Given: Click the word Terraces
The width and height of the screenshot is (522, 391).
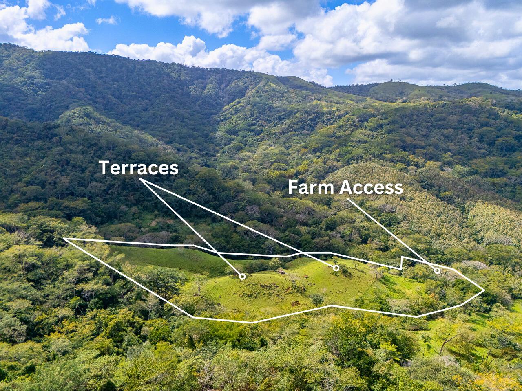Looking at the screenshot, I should pyautogui.click(x=139, y=168).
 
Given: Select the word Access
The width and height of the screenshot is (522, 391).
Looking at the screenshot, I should pyautogui.click(x=371, y=187).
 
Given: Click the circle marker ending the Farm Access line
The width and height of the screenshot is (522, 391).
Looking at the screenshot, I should pyautogui.click(x=437, y=270).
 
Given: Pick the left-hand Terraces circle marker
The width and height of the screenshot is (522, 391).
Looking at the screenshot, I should pyautogui.click(x=242, y=277).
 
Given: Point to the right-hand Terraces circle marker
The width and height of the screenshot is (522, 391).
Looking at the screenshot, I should pyautogui.click(x=336, y=268).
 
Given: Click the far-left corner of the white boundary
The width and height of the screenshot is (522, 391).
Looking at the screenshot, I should pyautogui.click(x=64, y=239).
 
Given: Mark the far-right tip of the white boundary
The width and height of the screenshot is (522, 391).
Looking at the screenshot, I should pyautogui.click(x=484, y=290).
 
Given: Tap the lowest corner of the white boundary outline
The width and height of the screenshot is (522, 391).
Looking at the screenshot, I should pyautogui.click(x=252, y=322).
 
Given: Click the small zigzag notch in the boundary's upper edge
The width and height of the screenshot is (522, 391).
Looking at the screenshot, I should pyautogui.click(x=402, y=263).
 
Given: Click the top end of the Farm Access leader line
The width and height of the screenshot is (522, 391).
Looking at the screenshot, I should pyautogui.click(x=347, y=199).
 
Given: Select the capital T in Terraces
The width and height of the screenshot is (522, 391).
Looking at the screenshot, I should pyautogui.click(x=105, y=168).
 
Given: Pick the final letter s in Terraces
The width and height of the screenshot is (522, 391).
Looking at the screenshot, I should pyautogui.click(x=175, y=169).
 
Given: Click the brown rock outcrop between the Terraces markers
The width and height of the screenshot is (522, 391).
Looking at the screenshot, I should pyautogui.click(x=281, y=272).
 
